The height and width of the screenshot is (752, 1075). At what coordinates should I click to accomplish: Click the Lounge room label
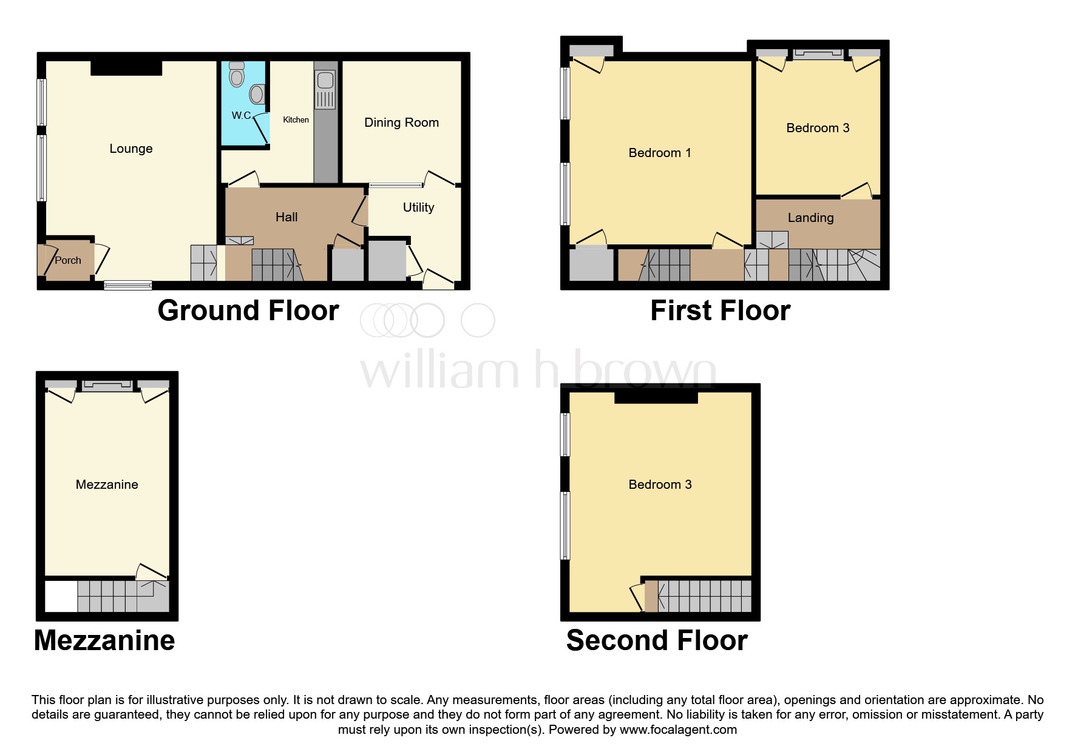131,149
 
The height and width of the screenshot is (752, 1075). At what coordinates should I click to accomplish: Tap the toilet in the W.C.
237,75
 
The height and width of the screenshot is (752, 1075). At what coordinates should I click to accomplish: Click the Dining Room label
401,123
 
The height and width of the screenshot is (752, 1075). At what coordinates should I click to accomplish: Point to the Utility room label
418,207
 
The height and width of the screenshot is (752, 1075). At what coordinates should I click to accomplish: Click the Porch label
67,260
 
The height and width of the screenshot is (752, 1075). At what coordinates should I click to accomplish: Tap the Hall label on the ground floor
287,217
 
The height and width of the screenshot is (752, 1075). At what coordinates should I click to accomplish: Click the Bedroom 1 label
660,153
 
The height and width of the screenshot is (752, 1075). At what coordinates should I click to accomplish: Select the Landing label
810,218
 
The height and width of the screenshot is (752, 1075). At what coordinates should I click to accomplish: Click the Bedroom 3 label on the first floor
818,128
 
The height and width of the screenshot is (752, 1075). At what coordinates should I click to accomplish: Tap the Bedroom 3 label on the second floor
660,485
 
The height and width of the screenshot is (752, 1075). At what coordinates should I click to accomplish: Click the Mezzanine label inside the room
107,485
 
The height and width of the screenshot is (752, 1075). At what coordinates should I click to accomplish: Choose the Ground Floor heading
248,311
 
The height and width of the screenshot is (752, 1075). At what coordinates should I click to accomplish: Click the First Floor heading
720,311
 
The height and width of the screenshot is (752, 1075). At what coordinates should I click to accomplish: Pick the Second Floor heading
657,640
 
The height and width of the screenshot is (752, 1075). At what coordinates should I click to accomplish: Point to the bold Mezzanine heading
104,640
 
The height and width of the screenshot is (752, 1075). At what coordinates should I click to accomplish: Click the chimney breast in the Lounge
126,68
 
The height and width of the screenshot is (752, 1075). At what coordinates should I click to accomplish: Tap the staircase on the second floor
704,596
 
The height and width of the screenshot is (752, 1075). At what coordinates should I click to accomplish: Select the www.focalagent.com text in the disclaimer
678,730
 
